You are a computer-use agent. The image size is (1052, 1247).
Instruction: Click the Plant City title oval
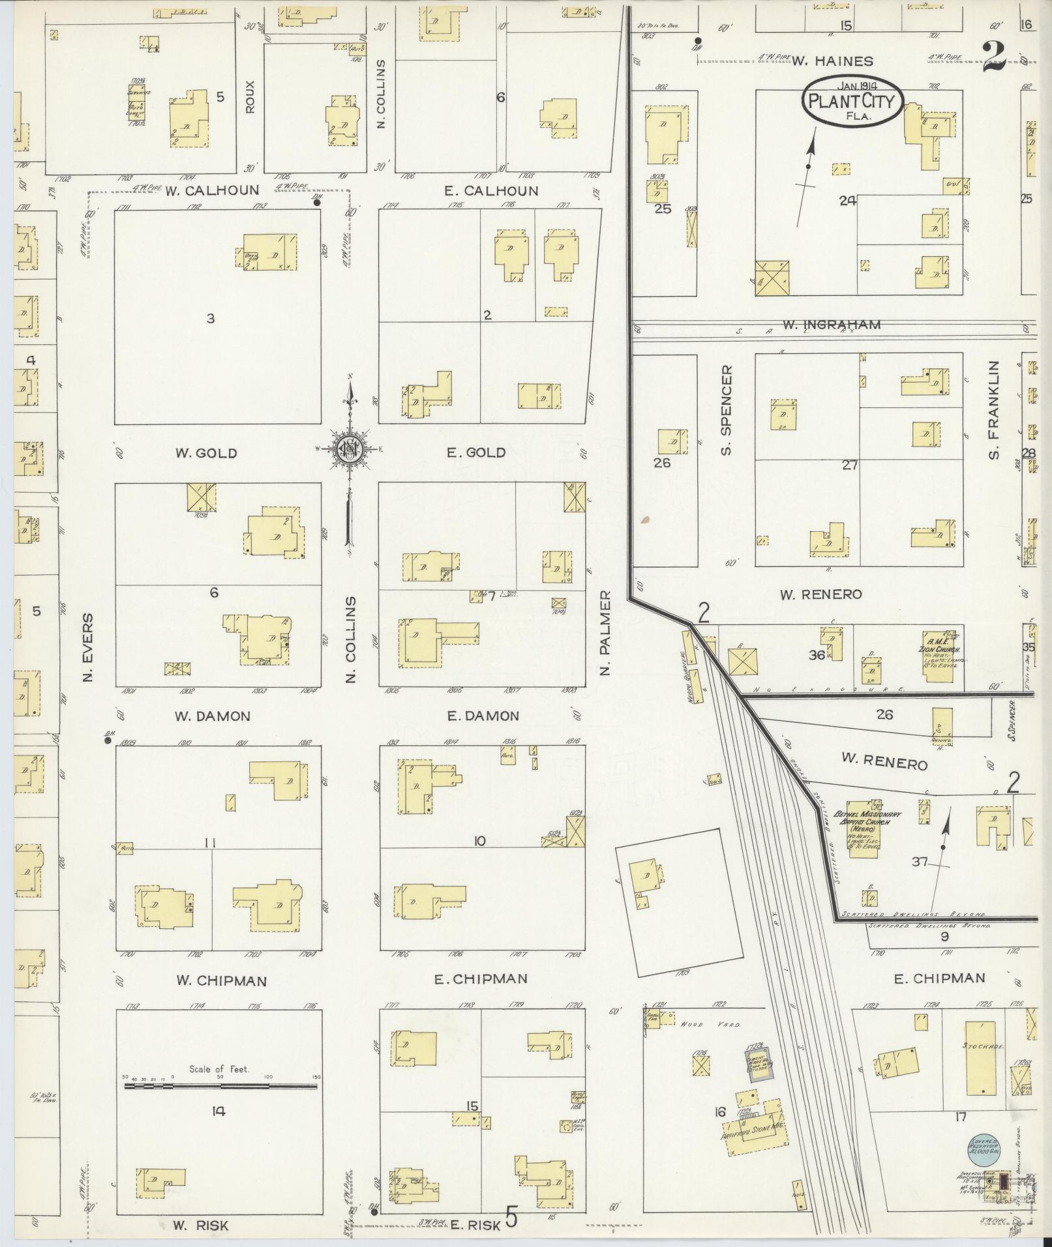(x=852, y=101)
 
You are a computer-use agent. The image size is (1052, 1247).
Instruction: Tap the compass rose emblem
(x=350, y=448)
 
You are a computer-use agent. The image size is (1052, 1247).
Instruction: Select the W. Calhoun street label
(x=202, y=191)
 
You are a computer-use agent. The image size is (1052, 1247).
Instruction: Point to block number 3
(x=210, y=319)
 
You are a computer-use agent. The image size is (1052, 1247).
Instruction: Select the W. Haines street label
(x=832, y=61)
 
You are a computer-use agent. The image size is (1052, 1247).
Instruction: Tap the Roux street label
(x=250, y=96)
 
